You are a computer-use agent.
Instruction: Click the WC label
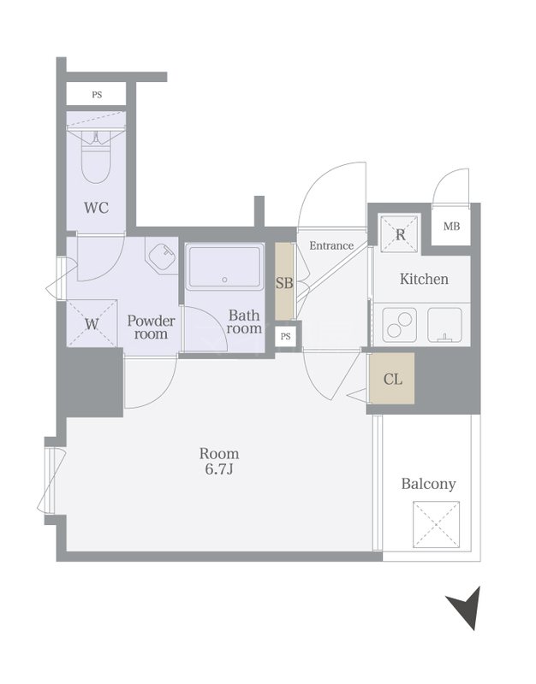pyautogui.click(x=96, y=208)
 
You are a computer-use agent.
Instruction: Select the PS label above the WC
pyautogui.click(x=97, y=94)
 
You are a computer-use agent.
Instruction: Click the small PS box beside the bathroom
pyautogui.click(x=286, y=336)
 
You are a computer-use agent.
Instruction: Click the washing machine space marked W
pyautogui.click(x=92, y=323)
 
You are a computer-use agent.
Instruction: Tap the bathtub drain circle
pyautogui.click(x=225, y=280)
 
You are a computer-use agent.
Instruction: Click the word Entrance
pyautogui.click(x=331, y=245)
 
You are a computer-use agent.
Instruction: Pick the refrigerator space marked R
pyautogui.click(x=400, y=233)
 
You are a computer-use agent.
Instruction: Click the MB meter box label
pyautogui.click(x=452, y=227)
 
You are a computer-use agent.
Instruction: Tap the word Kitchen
pyautogui.click(x=424, y=279)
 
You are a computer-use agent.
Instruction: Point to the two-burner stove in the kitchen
pyautogui.click(x=399, y=325)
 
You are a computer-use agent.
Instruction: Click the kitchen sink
pyautogui.click(x=444, y=325)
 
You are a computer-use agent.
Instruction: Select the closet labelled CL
pyautogui.click(x=392, y=379)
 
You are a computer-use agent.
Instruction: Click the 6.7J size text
pyautogui.click(x=219, y=469)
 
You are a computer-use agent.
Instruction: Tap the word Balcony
pyautogui.click(x=428, y=484)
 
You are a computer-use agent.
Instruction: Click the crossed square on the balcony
pyautogui.click(x=437, y=524)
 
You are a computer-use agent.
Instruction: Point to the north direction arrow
pyautogui.click(x=465, y=607)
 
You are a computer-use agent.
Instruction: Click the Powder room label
pyautogui.click(x=152, y=327)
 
